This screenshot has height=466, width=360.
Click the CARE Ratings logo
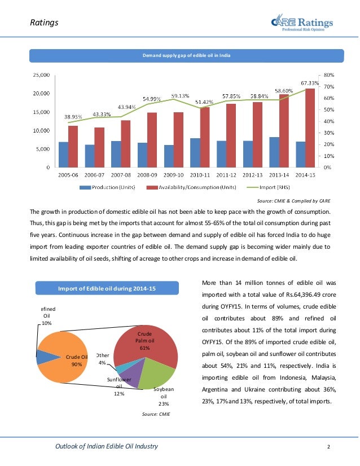coord(301,23)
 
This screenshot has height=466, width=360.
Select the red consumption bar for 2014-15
coord(310,128)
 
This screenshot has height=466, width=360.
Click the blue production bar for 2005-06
coord(63,154)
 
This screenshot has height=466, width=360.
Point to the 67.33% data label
coord(310,82)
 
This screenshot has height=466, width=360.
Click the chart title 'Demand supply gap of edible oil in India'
coord(186,55)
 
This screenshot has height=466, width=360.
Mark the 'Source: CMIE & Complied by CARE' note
coord(294,201)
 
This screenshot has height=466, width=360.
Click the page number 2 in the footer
coord(328,447)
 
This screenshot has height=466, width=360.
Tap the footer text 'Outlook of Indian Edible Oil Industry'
coord(106,447)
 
